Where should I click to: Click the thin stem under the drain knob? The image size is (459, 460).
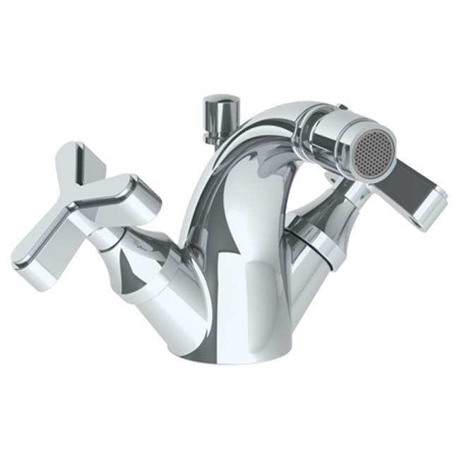click(x=216, y=130)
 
